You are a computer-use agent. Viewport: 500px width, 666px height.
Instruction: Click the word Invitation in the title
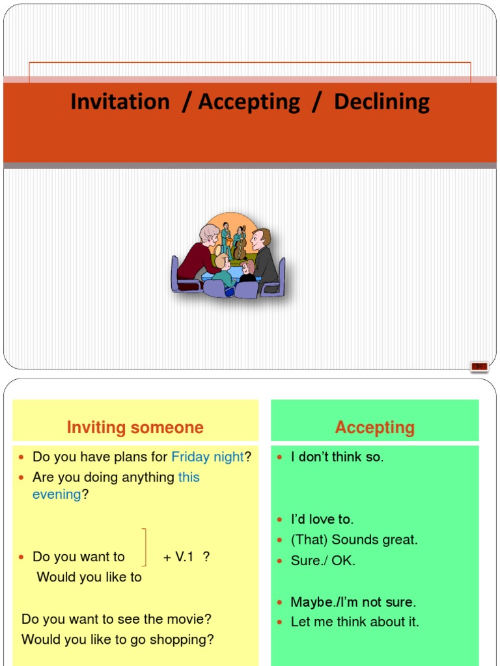pyautogui.click(x=120, y=102)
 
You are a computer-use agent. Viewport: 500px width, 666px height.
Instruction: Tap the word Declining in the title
pyautogui.click(x=382, y=102)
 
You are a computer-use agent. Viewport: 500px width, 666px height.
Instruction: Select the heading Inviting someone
pyautogui.click(x=135, y=427)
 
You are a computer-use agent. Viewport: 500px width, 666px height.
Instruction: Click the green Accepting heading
pyautogui.click(x=374, y=427)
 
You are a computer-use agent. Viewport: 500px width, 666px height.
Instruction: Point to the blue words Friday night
pyautogui.click(x=207, y=457)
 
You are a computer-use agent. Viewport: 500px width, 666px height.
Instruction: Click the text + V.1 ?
pyautogui.click(x=186, y=557)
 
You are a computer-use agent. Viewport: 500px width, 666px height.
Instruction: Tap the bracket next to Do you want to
pyautogui.click(x=144, y=548)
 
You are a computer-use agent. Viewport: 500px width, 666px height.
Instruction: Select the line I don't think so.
pyautogui.click(x=337, y=457)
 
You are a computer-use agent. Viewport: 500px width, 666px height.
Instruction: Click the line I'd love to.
pyautogui.click(x=322, y=519)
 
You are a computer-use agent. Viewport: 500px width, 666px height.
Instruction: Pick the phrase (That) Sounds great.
pyautogui.click(x=354, y=540)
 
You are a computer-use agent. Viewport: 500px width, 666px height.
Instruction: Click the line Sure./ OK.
pyautogui.click(x=323, y=561)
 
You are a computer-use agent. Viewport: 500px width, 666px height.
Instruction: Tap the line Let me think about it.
pyautogui.click(x=355, y=622)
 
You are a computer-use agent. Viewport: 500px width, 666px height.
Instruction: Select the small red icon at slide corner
pyautogui.click(x=479, y=367)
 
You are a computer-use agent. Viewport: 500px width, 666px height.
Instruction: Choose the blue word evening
pyautogui.click(x=57, y=494)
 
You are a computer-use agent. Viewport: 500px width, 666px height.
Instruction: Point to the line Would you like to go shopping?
pyautogui.click(x=117, y=639)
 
